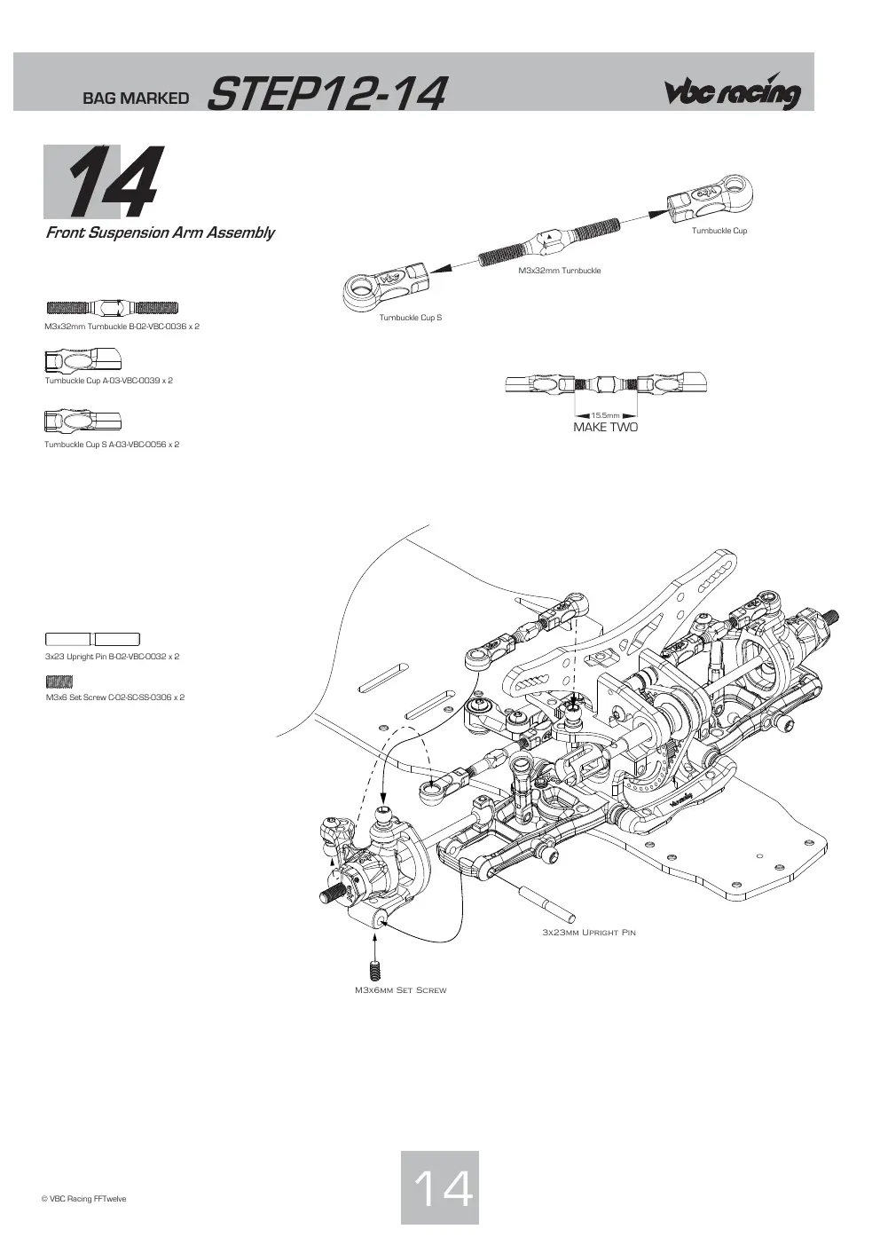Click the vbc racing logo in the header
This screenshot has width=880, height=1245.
tap(733, 92)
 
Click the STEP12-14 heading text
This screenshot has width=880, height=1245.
tap(326, 93)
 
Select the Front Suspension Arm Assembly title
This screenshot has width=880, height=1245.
tap(160, 232)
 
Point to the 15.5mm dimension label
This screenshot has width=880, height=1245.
tap(605, 415)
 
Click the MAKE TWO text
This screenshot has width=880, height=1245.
tap(606, 428)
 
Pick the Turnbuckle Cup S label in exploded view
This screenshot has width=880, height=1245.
tap(411, 318)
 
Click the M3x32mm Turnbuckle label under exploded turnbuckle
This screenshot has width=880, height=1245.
tap(560, 271)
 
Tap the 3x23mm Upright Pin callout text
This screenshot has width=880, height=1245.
tap(589, 932)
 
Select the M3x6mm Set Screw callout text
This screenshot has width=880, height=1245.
tap(401, 990)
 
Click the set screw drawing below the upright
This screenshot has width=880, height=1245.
tap(374, 970)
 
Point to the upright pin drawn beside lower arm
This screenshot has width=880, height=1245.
tap(546, 904)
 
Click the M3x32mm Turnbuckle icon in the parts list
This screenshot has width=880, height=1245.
tap(113, 307)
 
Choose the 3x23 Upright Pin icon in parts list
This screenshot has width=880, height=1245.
tap(92, 639)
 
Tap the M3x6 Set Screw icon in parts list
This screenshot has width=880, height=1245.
tap(59, 682)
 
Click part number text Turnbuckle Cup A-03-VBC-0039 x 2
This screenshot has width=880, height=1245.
tap(109, 381)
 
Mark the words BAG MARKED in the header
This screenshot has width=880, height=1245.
tap(136, 98)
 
